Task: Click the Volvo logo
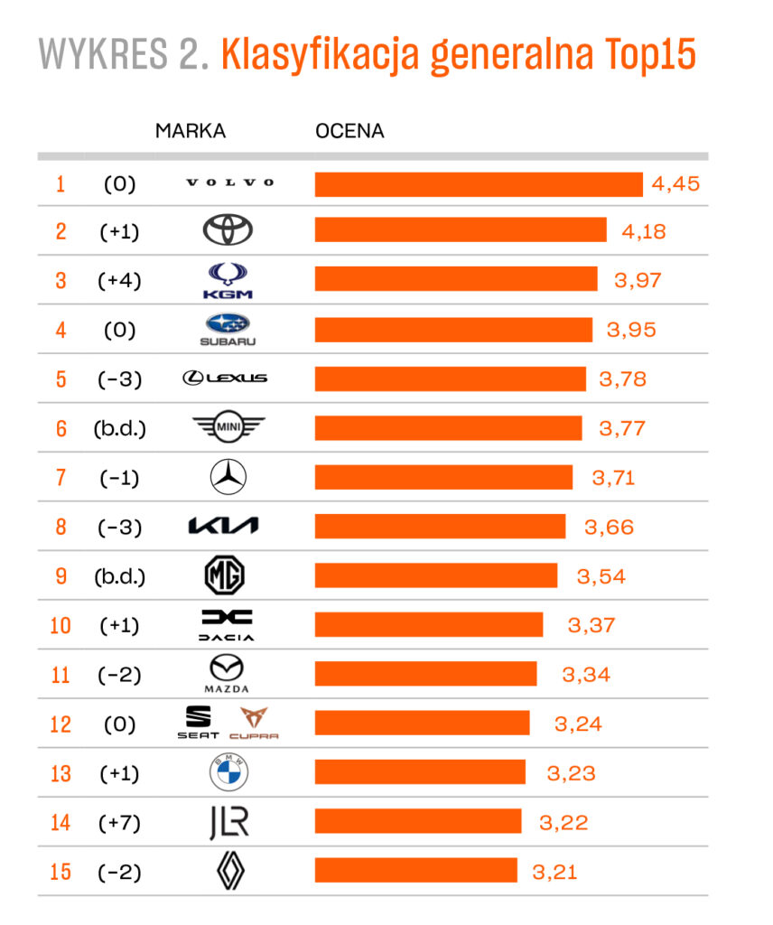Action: pyautogui.click(x=229, y=183)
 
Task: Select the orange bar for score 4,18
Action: pyautogui.click(x=461, y=230)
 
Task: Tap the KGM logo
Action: pyautogui.click(x=228, y=280)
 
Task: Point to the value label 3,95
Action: pyautogui.click(x=631, y=330)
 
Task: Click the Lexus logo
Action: pyautogui.click(x=225, y=378)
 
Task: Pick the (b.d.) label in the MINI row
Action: pyautogui.click(x=119, y=428)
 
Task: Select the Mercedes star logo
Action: pyautogui.click(x=228, y=477)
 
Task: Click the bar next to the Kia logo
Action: pyautogui.click(x=440, y=527)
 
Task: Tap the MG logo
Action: pyautogui.click(x=224, y=575)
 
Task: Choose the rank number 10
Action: pyautogui.click(x=61, y=625)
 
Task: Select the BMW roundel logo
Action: pyautogui.click(x=228, y=773)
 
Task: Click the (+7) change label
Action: pyautogui.click(x=119, y=823)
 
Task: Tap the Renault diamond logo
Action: pyautogui.click(x=229, y=872)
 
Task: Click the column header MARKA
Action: pyautogui.click(x=191, y=131)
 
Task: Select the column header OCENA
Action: pyautogui.click(x=349, y=131)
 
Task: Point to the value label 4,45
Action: pyautogui.click(x=676, y=184)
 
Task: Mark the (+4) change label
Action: pyautogui.click(x=119, y=280)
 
